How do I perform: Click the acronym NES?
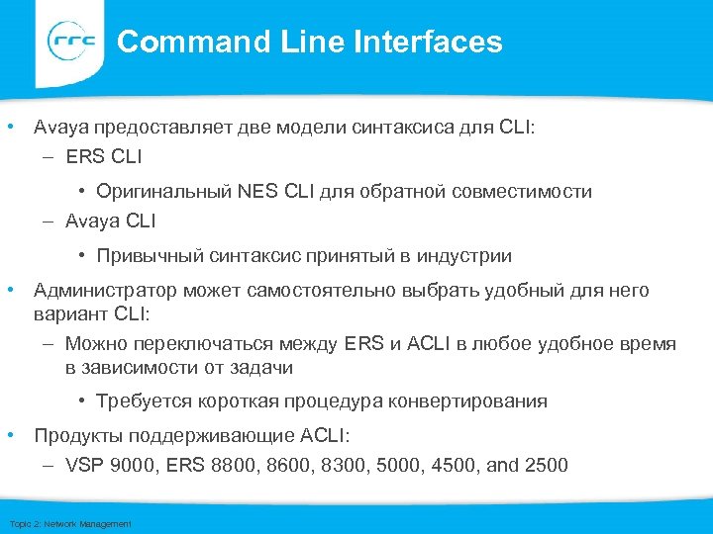click(259, 192)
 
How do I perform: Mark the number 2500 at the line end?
click(546, 465)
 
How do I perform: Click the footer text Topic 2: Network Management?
click(68, 523)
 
